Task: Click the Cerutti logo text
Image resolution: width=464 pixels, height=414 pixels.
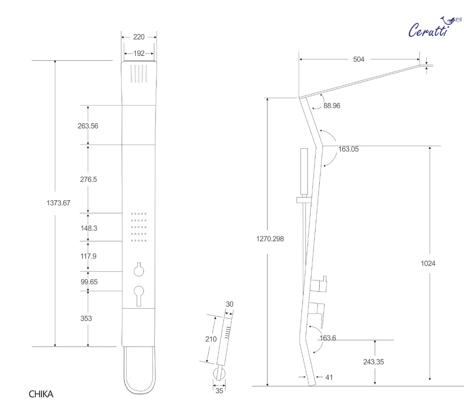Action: (429, 30)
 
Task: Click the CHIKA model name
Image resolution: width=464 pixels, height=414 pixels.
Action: (41, 394)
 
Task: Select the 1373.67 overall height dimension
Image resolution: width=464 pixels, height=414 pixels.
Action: (58, 203)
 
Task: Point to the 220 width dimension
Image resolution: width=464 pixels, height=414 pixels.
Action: (139, 37)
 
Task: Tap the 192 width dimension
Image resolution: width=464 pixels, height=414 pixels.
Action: (139, 53)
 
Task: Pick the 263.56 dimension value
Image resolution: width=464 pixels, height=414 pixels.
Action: (88, 126)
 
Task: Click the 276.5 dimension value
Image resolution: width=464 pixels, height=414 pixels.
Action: (89, 179)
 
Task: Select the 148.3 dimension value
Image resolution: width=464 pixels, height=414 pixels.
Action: (89, 228)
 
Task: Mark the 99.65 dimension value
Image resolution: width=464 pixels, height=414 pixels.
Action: (89, 282)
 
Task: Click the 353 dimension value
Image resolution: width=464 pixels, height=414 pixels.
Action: (86, 318)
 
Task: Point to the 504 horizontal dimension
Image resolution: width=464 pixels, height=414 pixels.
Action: (359, 59)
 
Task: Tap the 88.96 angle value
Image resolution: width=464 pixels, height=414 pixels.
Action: (332, 105)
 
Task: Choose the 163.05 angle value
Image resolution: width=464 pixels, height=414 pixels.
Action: (348, 149)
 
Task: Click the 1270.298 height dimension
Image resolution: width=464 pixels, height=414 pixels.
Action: (270, 239)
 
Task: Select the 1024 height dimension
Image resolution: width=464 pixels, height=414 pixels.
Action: (428, 263)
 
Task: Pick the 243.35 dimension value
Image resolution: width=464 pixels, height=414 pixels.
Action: (373, 362)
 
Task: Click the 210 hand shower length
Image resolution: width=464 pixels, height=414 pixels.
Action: (211, 339)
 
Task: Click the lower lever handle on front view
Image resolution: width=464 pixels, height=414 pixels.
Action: (139, 296)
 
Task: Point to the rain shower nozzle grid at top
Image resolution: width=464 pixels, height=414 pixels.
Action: (139, 74)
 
